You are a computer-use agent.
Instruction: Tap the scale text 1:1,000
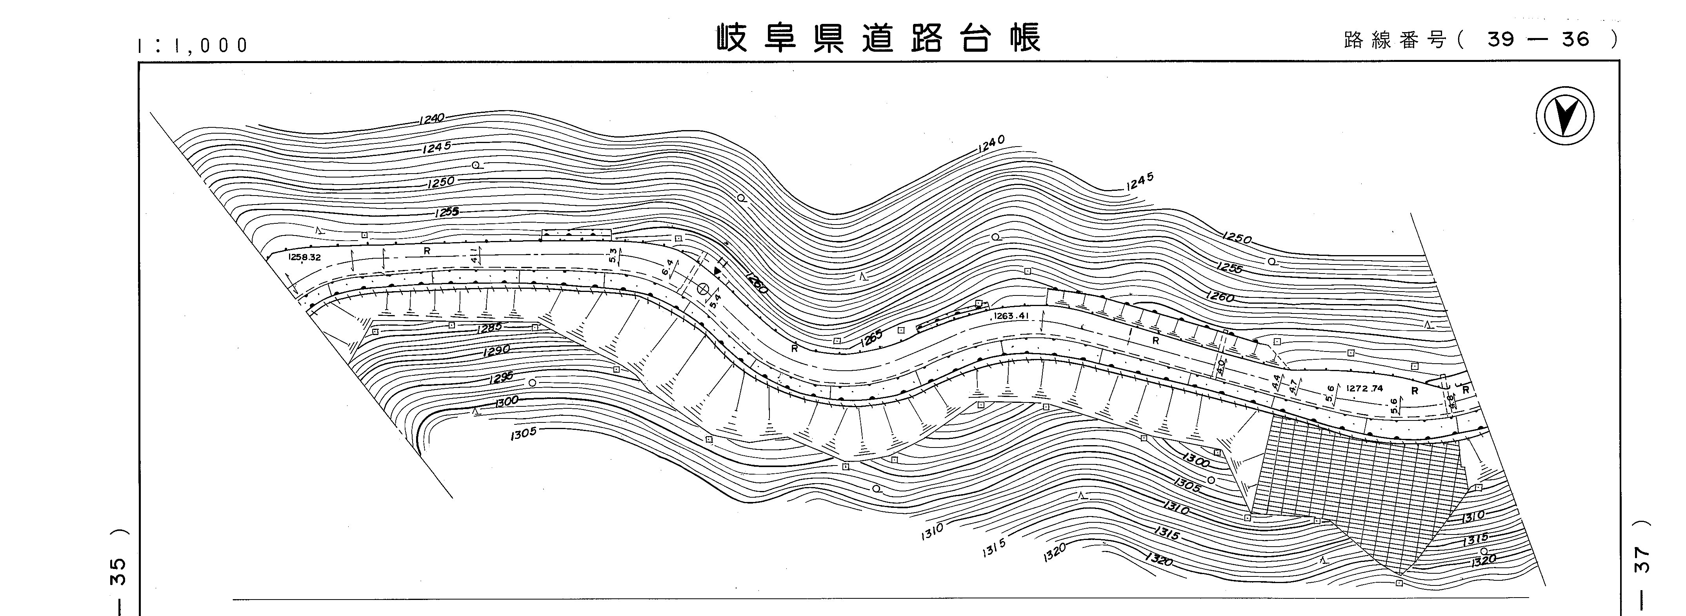(193, 45)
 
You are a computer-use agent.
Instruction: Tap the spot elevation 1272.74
(1365, 388)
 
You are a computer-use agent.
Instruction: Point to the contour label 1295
(501, 379)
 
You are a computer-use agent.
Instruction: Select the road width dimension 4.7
(1293, 386)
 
